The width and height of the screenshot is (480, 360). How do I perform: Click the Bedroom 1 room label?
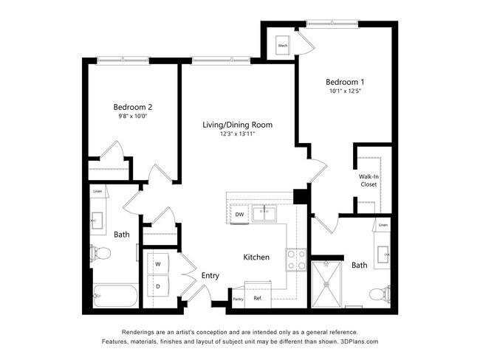345,81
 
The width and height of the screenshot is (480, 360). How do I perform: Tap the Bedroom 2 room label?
132,106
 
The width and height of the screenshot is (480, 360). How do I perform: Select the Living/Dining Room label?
237,125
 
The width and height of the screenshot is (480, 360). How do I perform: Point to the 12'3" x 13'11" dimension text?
237,135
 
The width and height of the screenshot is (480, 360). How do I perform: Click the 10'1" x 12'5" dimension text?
345,91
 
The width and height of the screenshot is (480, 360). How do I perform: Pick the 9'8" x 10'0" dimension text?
132,117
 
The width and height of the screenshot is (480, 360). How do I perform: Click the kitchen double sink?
263,214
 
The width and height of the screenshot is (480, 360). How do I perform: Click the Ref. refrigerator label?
258,298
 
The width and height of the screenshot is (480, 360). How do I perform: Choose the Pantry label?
238,299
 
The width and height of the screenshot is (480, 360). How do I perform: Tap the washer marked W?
158,263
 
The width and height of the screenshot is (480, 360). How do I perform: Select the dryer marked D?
158,285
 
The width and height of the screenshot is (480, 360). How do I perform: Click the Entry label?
210,275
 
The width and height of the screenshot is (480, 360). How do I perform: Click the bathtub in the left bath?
114,297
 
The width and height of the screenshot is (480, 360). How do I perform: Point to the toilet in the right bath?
378,295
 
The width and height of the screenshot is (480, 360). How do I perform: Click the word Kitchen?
256,257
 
